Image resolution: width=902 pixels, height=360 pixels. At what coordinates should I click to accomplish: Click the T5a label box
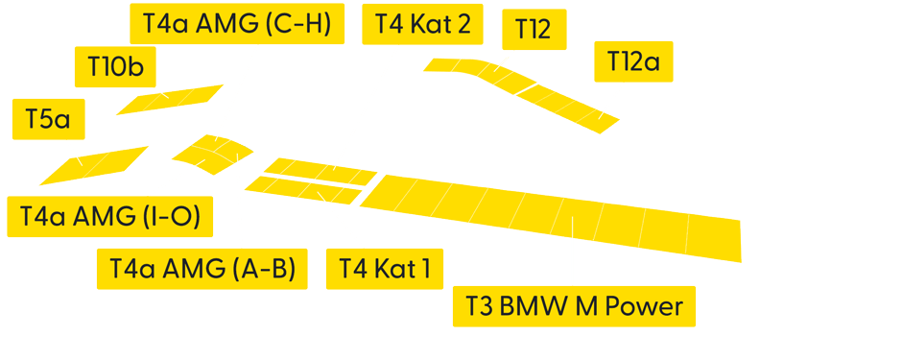[49, 120]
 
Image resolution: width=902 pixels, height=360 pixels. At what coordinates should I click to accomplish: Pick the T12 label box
[533, 29]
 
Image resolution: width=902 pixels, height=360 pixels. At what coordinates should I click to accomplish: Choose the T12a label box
[633, 62]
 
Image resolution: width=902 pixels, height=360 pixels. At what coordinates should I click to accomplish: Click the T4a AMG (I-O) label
[110, 217]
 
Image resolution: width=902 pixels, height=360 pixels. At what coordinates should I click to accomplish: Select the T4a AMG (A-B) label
[202, 268]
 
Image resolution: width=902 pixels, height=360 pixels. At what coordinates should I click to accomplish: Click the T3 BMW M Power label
[574, 307]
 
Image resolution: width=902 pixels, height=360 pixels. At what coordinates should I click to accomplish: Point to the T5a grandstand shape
[94, 164]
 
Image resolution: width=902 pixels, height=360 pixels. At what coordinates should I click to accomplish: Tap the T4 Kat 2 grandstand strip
[320, 171]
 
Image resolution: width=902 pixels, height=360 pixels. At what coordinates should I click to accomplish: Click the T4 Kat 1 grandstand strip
[301, 189]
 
